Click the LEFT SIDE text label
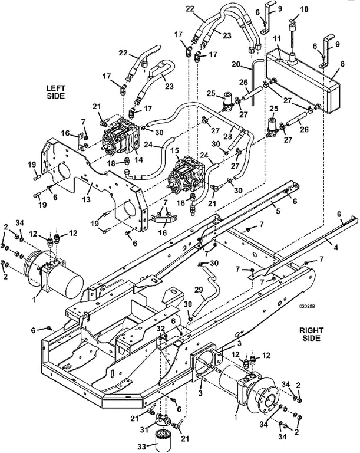tap(56, 91)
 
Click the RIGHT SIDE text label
tap(311, 334)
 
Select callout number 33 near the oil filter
tap(141, 447)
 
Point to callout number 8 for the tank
tap(343, 64)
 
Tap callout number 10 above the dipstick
tap(304, 9)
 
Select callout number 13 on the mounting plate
tap(87, 199)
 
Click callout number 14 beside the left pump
tap(139, 159)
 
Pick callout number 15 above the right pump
tap(174, 151)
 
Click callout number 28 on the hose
tap(228, 136)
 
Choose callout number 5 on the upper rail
tap(278, 211)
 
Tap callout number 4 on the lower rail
tap(336, 247)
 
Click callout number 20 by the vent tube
tap(236, 64)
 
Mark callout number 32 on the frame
tap(161, 328)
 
